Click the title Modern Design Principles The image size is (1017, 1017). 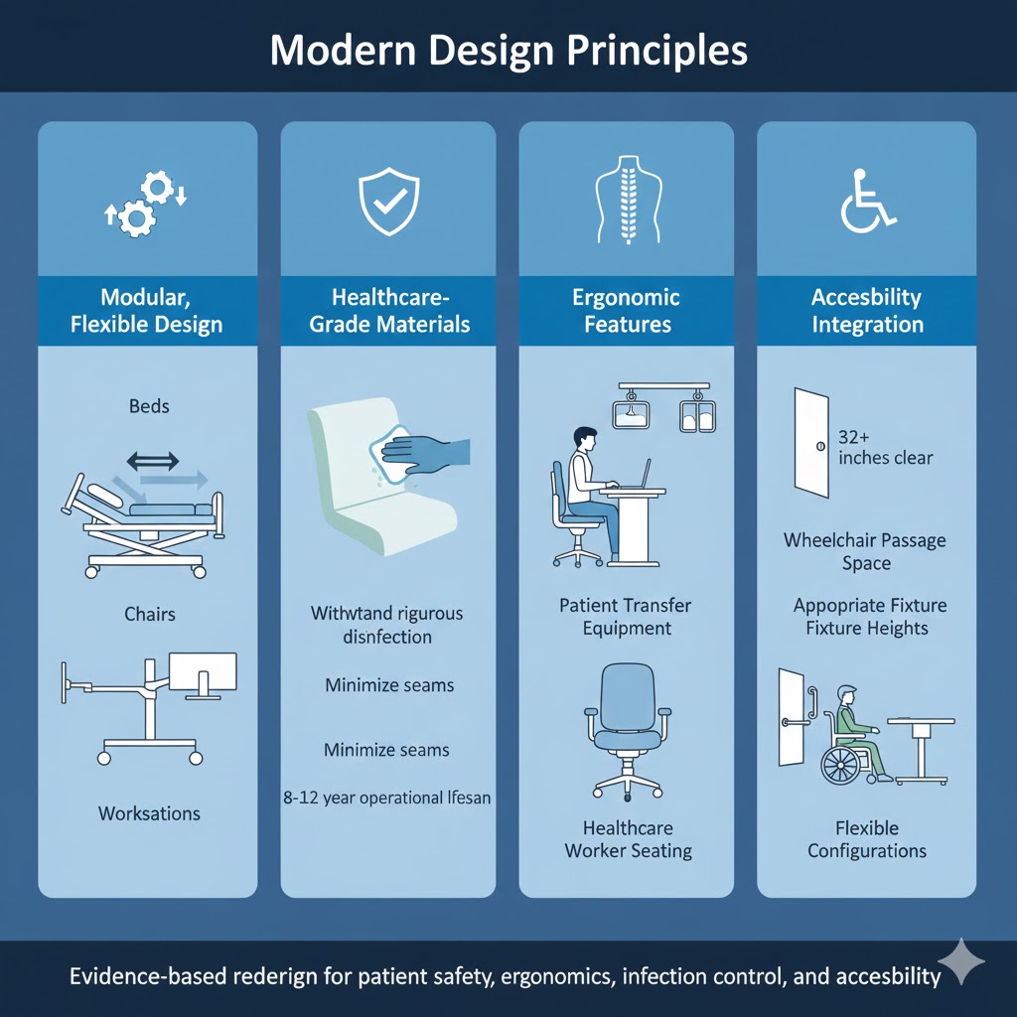(x=508, y=49)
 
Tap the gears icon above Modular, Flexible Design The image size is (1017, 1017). (x=146, y=203)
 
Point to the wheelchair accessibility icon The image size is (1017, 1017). (x=867, y=200)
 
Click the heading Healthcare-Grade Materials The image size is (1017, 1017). (x=388, y=311)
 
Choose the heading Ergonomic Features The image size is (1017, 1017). (x=626, y=311)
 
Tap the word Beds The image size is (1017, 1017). (x=149, y=406)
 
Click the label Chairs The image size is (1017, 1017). (x=149, y=614)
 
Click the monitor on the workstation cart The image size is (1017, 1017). (x=203, y=673)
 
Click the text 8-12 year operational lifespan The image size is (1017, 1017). (x=387, y=797)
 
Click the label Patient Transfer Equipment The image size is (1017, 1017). (x=626, y=616)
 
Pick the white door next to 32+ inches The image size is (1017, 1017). (x=811, y=443)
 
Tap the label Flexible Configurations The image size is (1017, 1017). (x=867, y=839)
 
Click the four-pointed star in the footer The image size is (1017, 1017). (x=960, y=961)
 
